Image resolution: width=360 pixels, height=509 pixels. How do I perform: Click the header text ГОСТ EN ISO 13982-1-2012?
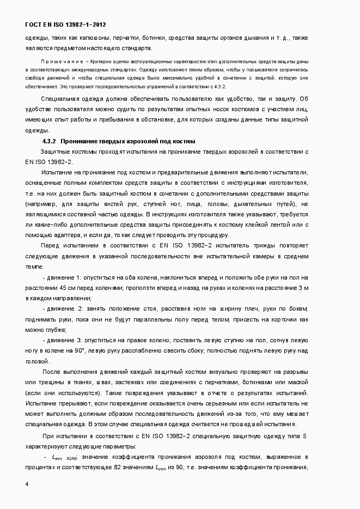pyautogui.click(x=66, y=25)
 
